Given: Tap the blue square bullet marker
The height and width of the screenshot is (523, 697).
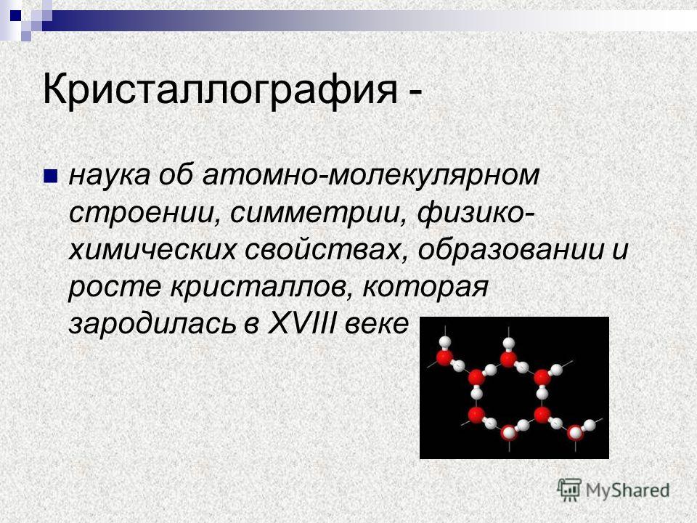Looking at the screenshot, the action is (x=50, y=176).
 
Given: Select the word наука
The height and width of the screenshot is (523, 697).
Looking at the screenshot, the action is (x=110, y=175).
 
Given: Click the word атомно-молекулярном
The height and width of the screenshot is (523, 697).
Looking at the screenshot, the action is (x=371, y=175).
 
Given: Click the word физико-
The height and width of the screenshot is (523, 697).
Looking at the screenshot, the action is (x=476, y=213).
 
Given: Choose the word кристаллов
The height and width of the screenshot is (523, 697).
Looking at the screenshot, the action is (x=262, y=288).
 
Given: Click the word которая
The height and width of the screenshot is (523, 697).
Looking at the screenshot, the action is (x=426, y=288).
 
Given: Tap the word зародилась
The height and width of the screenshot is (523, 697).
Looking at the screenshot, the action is (x=151, y=324).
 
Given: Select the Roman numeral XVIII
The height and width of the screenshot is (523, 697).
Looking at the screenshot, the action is (x=301, y=324).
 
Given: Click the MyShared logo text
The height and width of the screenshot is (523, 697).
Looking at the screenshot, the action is (x=627, y=490).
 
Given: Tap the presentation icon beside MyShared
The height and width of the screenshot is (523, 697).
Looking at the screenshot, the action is (x=569, y=490).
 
